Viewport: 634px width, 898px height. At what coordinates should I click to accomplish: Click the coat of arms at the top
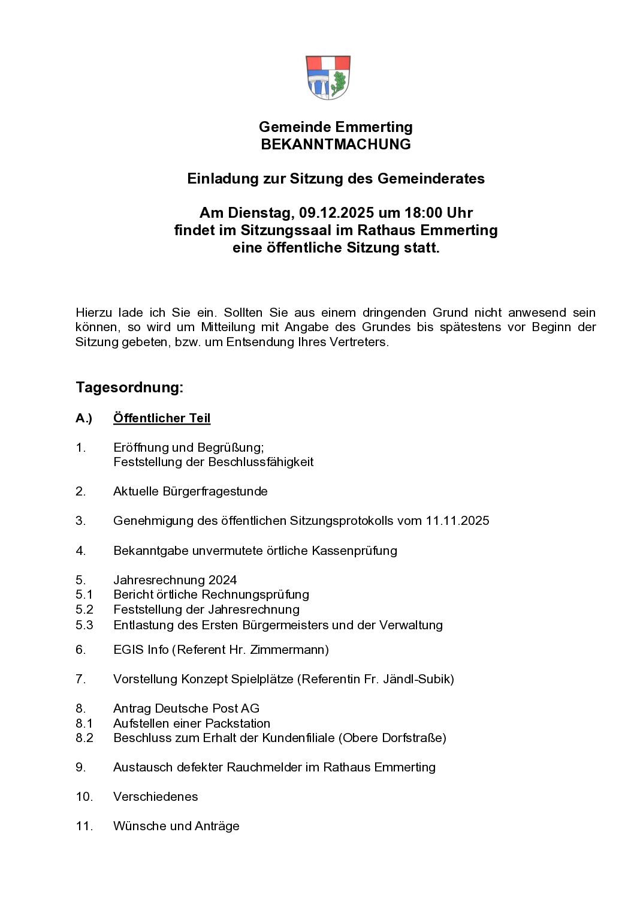point(328,78)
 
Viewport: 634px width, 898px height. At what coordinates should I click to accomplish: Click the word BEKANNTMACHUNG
point(336,145)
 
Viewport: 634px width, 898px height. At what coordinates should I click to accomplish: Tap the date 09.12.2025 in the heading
point(336,213)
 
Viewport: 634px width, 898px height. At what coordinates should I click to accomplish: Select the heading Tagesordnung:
point(129,388)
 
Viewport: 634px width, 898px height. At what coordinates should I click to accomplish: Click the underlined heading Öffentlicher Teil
point(162,418)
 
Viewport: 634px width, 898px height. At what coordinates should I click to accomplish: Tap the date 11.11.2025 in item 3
point(457,521)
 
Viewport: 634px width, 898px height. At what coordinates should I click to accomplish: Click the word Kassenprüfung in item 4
point(354,551)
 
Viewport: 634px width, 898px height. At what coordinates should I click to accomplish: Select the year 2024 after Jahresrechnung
point(222,580)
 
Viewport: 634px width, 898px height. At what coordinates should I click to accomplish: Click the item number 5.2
point(84,609)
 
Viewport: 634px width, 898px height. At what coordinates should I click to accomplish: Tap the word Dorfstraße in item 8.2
point(414,738)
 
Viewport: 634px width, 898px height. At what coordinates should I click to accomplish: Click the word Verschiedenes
point(156,797)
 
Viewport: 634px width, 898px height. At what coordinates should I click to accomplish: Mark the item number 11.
point(84,826)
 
